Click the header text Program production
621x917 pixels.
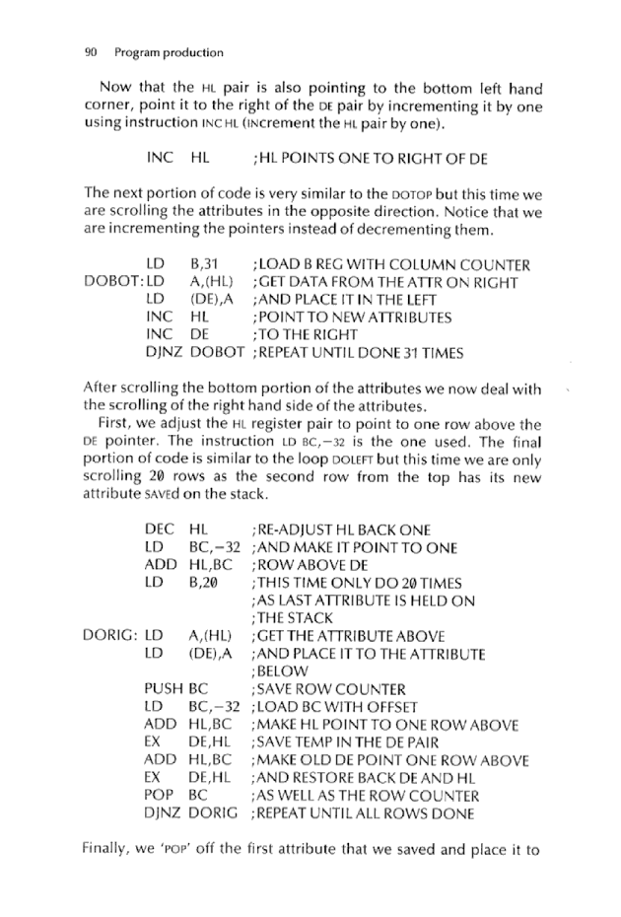169,52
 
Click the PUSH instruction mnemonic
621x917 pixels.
165,689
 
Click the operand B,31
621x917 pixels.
202,265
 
